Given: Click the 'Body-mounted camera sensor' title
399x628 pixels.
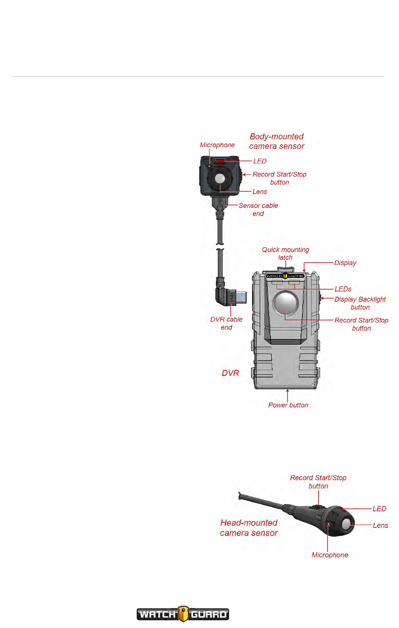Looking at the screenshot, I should [x=277, y=141].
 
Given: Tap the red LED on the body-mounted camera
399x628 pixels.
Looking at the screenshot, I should [x=219, y=161].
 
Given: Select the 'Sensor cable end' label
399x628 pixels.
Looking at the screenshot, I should [x=258, y=209].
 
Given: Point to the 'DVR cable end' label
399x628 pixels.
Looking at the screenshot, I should [x=226, y=323].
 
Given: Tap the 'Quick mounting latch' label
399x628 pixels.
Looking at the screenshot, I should [x=285, y=254].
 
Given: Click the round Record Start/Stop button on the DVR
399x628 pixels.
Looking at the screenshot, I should [x=286, y=303].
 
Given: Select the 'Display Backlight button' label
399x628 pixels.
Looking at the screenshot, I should [x=360, y=303].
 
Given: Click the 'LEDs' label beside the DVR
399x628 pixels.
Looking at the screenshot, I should [x=343, y=289].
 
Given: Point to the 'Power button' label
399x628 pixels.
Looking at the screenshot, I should [x=288, y=405].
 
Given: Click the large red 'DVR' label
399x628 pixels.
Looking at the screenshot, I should [x=230, y=373].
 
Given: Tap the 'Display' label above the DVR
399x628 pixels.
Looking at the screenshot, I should [x=345, y=263].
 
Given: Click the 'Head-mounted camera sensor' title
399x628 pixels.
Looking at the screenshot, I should [x=249, y=528].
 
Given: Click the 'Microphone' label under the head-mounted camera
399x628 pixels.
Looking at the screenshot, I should [x=330, y=555].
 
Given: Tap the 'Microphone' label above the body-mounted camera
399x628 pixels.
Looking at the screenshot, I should [x=217, y=145].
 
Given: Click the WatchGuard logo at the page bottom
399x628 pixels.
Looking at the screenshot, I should [x=183, y=614].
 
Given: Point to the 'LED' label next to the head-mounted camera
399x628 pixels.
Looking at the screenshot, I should [x=379, y=509].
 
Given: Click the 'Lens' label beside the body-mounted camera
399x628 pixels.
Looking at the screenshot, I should [x=260, y=192].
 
